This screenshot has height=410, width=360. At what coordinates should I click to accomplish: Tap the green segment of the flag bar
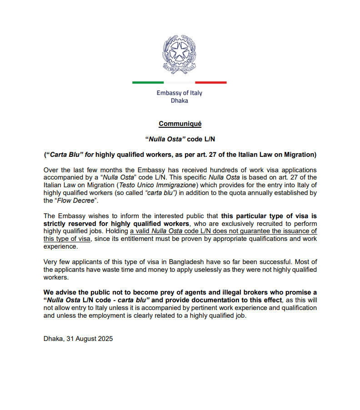pos(148,82)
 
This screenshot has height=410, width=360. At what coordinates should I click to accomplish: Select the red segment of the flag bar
pos(210,82)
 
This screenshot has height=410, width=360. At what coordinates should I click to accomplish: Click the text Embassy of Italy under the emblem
pos(180,93)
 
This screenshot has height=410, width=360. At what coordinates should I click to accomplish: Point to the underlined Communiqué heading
pos(180,124)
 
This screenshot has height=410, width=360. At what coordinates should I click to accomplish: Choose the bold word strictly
pos(55,224)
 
